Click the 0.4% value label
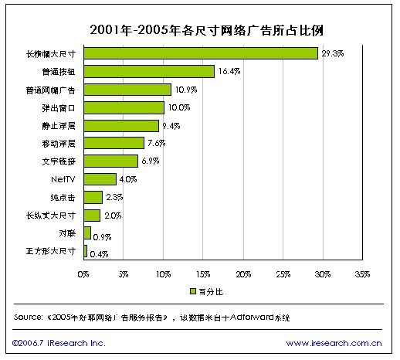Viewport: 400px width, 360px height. tap(99, 253)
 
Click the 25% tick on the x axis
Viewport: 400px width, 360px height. tap(283, 274)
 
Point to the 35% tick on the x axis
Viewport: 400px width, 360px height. tap(363, 274)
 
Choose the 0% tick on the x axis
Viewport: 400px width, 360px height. tap(83, 274)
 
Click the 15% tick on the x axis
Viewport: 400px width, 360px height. tap(203, 274)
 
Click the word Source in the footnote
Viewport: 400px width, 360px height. tap(29, 318)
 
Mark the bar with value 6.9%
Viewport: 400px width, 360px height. tap(110, 161)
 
